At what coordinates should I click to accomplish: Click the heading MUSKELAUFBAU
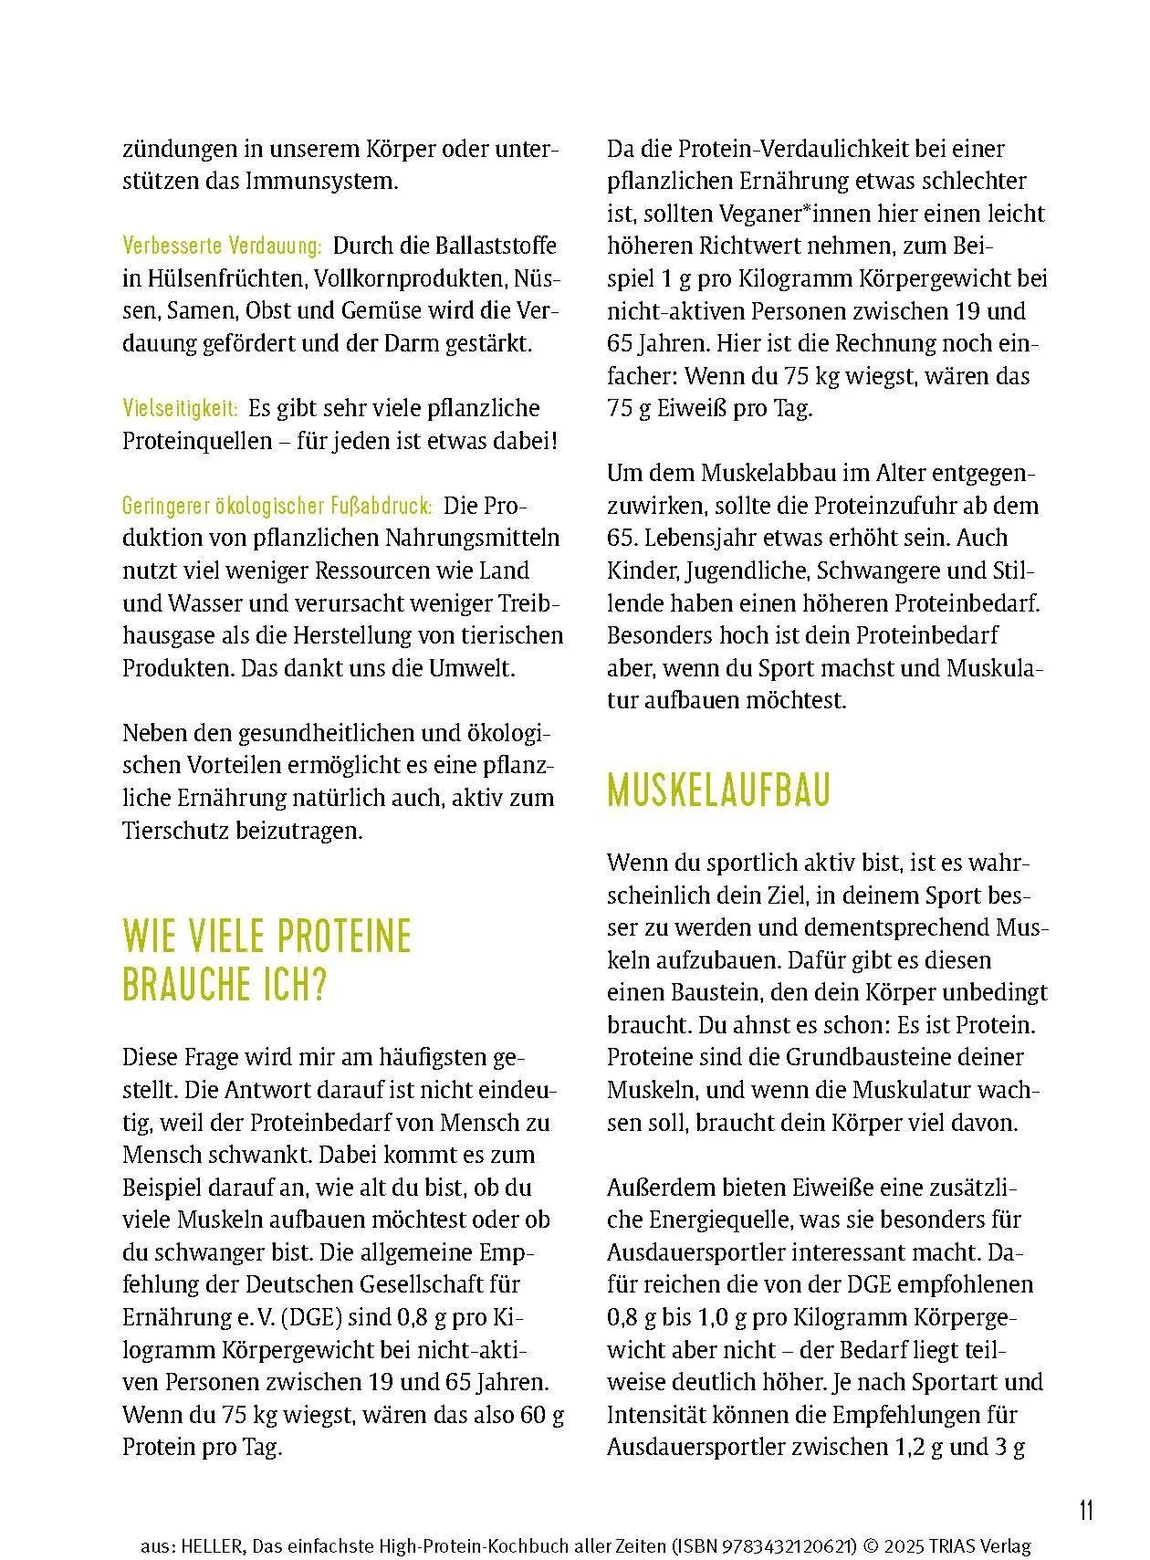[x=718, y=790]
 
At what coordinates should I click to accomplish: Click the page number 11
[x=1085, y=1511]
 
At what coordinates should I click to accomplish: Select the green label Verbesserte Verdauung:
[x=222, y=246]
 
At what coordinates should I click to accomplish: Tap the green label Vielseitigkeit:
[x=181, y=408]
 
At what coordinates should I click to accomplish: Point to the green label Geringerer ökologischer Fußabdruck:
[x=277, y=506]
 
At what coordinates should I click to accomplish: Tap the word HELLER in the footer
[x=212, y=1546]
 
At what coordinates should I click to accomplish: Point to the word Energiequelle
[x=730, y=1220]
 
